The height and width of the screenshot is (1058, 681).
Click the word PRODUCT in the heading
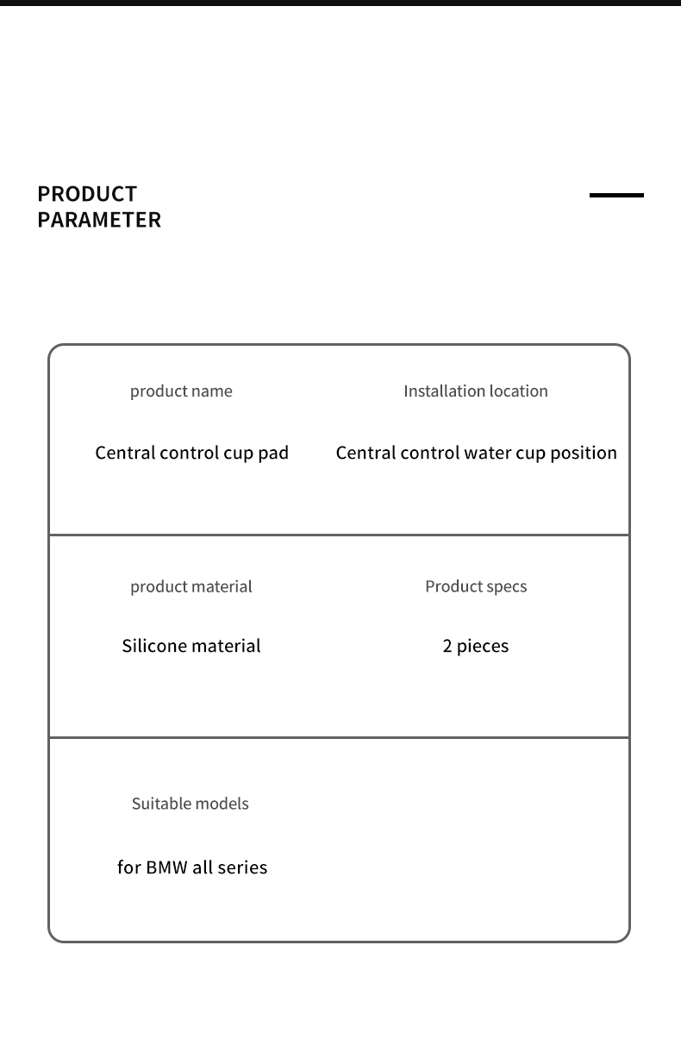coord(87,194)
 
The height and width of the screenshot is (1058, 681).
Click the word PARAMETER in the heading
coord(99,220)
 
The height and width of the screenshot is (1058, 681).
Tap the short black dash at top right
coord(616,196)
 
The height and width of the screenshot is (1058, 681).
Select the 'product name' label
coord(181,391)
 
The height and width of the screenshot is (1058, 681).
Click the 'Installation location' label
coord(476,391)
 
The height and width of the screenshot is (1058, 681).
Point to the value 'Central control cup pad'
coord(191,453)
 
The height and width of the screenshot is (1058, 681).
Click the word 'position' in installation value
coord(584,454)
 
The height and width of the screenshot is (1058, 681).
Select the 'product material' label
coord(191,586)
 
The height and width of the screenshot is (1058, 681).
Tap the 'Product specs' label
coord(476,586)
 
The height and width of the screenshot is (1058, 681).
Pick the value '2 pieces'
coord(476,647)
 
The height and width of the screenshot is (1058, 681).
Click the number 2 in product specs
coord(447,646)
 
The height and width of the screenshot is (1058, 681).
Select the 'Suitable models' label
coord(190,804)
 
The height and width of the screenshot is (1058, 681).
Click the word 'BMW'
coord(166,867)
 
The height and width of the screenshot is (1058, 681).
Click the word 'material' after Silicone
coord(226,646)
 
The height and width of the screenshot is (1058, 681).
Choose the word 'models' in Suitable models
coord(222,804)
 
